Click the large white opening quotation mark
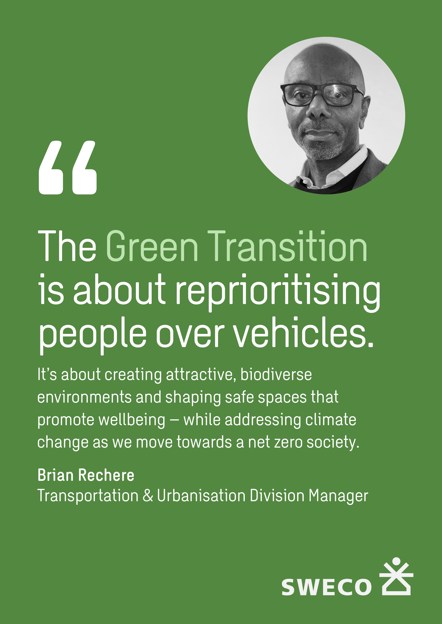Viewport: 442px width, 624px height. [x=68, y=167]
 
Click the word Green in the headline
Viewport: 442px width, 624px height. [x=152, y=246]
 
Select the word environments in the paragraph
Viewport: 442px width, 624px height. [x=84, y=398]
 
